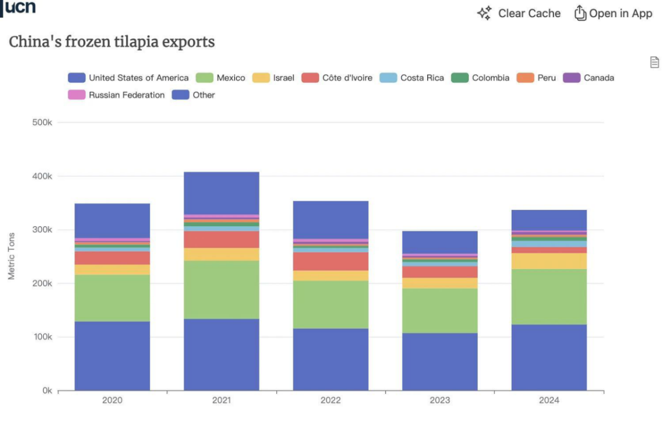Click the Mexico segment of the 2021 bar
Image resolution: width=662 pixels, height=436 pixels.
pos(222,290)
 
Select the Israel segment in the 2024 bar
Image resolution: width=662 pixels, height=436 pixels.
pos(549,261)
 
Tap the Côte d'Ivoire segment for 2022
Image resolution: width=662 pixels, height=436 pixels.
pos(331,261)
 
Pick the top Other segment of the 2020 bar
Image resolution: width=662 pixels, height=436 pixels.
pos(112,221)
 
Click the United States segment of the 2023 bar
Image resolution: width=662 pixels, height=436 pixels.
pos(440,362)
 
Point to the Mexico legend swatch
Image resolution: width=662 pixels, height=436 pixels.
pos(204,78)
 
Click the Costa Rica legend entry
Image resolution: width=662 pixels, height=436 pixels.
pos(412,78)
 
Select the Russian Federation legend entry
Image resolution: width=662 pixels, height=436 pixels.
pos(116,95)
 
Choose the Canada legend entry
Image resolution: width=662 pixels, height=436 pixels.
pos(588,78)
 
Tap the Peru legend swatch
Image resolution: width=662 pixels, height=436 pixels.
pos(525,78)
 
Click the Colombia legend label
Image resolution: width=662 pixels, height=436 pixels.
pos(491,78)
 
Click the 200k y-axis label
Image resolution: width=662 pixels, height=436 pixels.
pos(42,284)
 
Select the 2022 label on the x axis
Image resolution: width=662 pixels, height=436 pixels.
pos(331,400)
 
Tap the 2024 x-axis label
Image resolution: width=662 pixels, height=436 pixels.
pos(549,400)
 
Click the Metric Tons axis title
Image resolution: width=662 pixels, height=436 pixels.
pos(11,256)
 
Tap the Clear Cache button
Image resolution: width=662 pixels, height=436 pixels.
pos(519,13)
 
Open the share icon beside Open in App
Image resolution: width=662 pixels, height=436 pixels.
pos(580,13)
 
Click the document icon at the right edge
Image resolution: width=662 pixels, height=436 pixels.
pos(654,62)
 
